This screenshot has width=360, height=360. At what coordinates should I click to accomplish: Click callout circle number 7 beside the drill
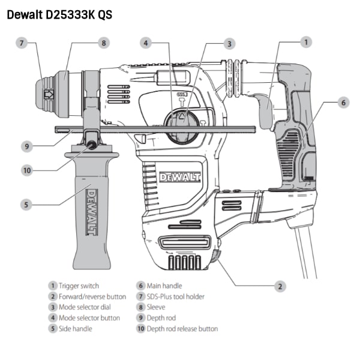point(22,43)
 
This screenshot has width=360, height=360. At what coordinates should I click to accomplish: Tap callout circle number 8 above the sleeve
point(104,43)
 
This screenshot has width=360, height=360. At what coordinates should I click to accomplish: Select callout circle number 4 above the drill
point(146,43)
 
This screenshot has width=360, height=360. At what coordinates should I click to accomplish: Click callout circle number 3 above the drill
point(229,44)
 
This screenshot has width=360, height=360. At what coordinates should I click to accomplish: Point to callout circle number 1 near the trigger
point(306,42)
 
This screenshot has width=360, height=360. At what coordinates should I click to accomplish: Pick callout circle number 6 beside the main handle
point(343,103)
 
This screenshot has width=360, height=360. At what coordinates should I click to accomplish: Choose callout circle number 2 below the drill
point(280,286)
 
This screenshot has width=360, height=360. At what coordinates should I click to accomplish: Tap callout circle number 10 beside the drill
point(27,170)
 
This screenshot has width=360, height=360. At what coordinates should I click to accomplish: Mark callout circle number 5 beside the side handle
point(26,205)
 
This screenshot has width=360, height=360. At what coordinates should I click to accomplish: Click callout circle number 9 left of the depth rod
point(27,146)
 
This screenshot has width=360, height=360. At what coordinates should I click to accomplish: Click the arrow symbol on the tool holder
point(49,94)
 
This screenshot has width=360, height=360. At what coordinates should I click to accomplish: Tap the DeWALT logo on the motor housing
point(180,177)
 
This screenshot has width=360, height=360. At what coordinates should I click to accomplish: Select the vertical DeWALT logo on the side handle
point(92,212)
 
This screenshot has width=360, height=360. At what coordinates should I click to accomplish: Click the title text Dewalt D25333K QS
point(59,14)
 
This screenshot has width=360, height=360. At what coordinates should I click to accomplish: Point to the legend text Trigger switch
point(79,286)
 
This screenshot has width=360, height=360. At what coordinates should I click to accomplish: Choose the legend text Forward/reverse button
point(92,296)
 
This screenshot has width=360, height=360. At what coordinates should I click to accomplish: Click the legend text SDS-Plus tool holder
point(175,296)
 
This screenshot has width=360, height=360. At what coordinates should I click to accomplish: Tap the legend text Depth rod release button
point(182,329)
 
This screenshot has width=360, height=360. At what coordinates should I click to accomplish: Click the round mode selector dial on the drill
point(181,125)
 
